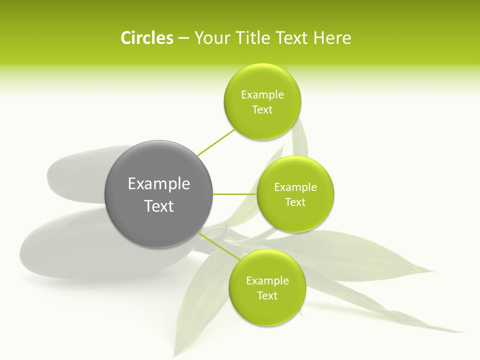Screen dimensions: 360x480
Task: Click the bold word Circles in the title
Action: click(x=146, y=38)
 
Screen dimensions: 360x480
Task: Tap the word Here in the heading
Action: click(x=332, y=38)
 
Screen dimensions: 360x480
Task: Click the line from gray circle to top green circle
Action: click(x=216, y=143)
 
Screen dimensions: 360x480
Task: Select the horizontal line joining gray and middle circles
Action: click(x=235, y=194)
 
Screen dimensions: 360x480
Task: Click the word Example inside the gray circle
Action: click(x=158, y=184)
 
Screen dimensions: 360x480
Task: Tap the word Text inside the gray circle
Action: click(x=158, y=206)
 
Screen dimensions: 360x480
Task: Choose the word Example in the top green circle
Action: click(x=262, y=95)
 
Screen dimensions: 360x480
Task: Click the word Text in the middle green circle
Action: click(x=295, y=202)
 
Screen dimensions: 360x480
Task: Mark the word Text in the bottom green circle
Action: click(x=267, y=296)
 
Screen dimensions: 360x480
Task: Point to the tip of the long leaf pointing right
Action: click(x=460, y=330)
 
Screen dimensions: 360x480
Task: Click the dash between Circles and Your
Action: click(x=183, y=38)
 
